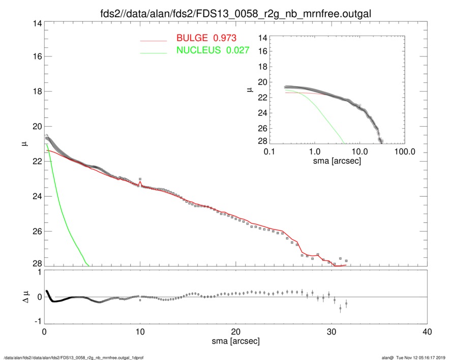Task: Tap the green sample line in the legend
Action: [x=153, y=52]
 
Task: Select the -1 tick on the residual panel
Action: [x=36, y=322]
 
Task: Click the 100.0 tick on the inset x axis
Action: [x=405, y=152]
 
